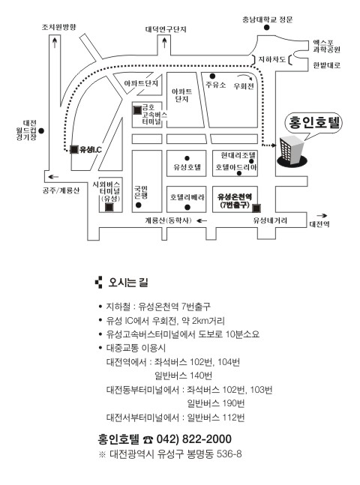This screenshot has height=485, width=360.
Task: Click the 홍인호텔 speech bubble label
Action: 313,122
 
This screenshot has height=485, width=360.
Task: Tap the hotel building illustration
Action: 292,151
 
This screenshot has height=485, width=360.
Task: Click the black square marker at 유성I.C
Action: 74,149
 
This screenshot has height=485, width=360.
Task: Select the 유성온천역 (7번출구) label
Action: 234,200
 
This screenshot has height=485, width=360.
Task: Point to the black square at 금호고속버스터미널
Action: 137,109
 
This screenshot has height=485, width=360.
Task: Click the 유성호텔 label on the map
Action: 187,167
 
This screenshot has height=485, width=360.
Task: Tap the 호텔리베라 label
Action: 187,197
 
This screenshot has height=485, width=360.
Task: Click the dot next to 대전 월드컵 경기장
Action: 41,131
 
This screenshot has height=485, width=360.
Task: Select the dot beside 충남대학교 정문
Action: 266,28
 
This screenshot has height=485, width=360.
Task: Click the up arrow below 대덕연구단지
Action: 164,43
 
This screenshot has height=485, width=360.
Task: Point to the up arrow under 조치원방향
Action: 55,43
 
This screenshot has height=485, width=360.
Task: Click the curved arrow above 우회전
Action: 245,77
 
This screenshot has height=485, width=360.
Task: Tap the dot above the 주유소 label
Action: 212,76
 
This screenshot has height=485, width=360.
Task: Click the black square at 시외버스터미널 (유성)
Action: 109,208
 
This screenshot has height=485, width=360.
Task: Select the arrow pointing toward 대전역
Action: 322,216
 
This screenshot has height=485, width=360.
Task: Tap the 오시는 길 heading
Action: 127,283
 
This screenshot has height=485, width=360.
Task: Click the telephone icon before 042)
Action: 148,439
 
